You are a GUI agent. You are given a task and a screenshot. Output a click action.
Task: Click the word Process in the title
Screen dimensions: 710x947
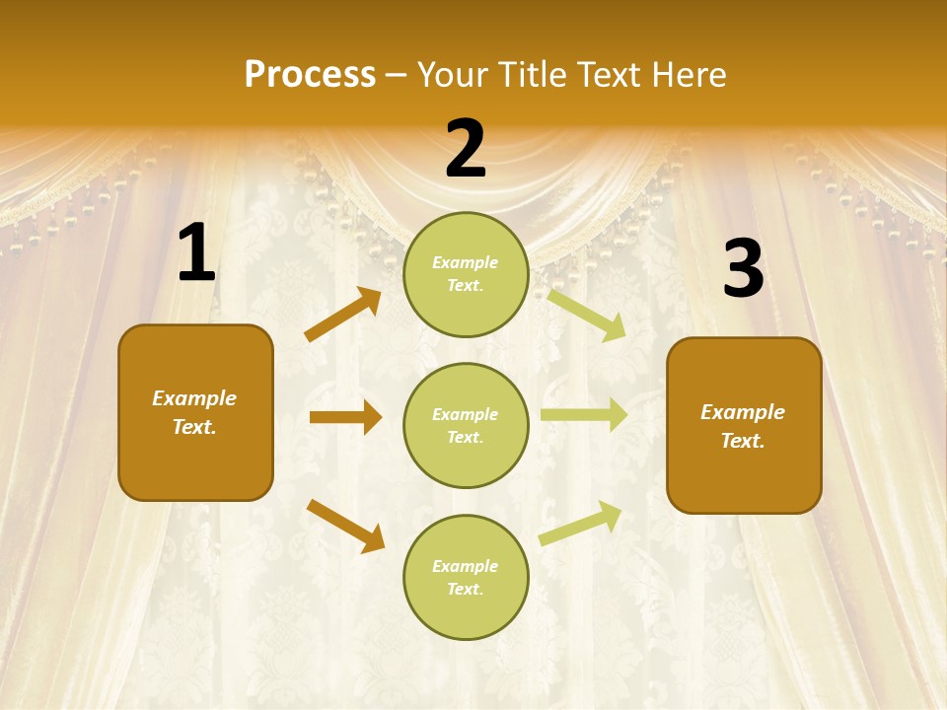pyautogui.click(x=310, y=75)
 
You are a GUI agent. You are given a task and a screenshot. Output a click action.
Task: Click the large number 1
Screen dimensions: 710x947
pyautogui.click(x=196, y=254)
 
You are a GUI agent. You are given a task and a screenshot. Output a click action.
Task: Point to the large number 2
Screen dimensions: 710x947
pyautogui.click(x=466, y=150)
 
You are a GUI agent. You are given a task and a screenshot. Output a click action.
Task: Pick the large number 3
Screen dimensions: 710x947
pyautogui.click(x=743, y=269)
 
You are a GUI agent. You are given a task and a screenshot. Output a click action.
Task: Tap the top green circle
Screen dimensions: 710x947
pyautogui.click(x=466, y=274)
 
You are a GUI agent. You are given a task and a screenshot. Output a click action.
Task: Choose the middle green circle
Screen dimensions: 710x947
pyautogui.click(x=466, y=425)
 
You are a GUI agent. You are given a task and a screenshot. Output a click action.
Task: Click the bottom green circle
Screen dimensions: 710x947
pyautogui.click(x=466, y=577)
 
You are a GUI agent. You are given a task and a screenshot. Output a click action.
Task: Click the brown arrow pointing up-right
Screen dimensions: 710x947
pyautogui.click(x=342, y=315)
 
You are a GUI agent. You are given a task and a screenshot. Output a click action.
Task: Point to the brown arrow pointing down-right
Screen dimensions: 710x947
pyautogui.click(x=345, y=526)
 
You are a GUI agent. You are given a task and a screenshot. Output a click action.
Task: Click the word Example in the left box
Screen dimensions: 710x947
pyautogui.click(x=194, y=398)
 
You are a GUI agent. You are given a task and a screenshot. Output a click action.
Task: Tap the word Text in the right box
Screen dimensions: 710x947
pyautogui.click(x=742, y=441)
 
